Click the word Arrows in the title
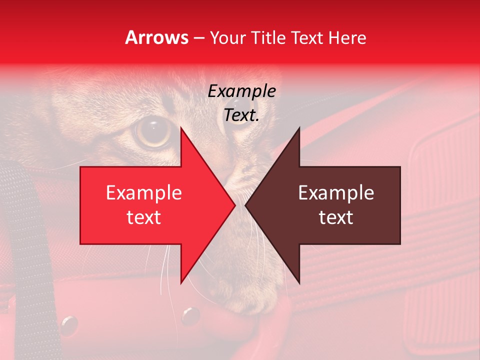click(157, 38)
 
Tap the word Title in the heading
click(267, 38)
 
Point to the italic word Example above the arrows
click(242, 91)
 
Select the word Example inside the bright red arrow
click(144, 193)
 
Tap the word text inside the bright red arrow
click(144, 217)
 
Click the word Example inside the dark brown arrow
click(336, 193)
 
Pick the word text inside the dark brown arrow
click(336, 217)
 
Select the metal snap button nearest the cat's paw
click(190, 315)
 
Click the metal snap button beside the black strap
click(69, 325)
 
